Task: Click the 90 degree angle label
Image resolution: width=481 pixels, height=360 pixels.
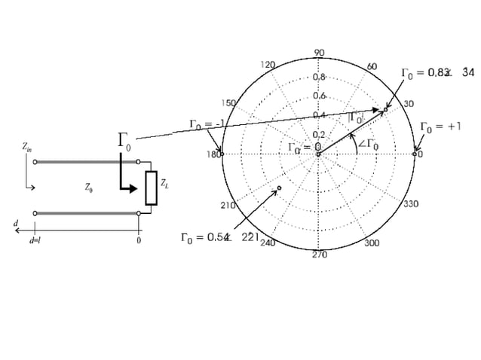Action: coord(318,53)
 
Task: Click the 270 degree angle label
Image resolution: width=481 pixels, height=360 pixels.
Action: coord(319,255)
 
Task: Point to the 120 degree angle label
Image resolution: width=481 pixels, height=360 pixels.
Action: coord(267,66)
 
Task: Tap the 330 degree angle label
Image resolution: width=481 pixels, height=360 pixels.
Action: coord(411,204)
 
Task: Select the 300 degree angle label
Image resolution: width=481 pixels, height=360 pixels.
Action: coord(372,243)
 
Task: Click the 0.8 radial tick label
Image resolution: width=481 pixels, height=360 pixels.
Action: coord(319,77)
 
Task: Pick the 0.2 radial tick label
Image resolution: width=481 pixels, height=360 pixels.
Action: coord(319,134)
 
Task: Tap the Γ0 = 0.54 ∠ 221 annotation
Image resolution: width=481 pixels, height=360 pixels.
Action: coord(219,238)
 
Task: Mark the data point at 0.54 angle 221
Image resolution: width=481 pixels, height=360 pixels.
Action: coord(279,188)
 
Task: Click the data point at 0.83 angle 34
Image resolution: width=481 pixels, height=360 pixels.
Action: coord(385,109)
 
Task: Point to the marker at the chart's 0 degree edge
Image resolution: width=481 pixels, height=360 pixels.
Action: coord(415,154)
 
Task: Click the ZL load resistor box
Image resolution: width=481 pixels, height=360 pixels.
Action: coord(152,188)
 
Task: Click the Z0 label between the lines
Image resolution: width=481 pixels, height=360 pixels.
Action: coord(89,188)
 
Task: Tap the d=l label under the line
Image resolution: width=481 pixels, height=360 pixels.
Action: coord(35,241)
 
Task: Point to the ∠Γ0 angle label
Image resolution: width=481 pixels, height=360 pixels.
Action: coord(368,145)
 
